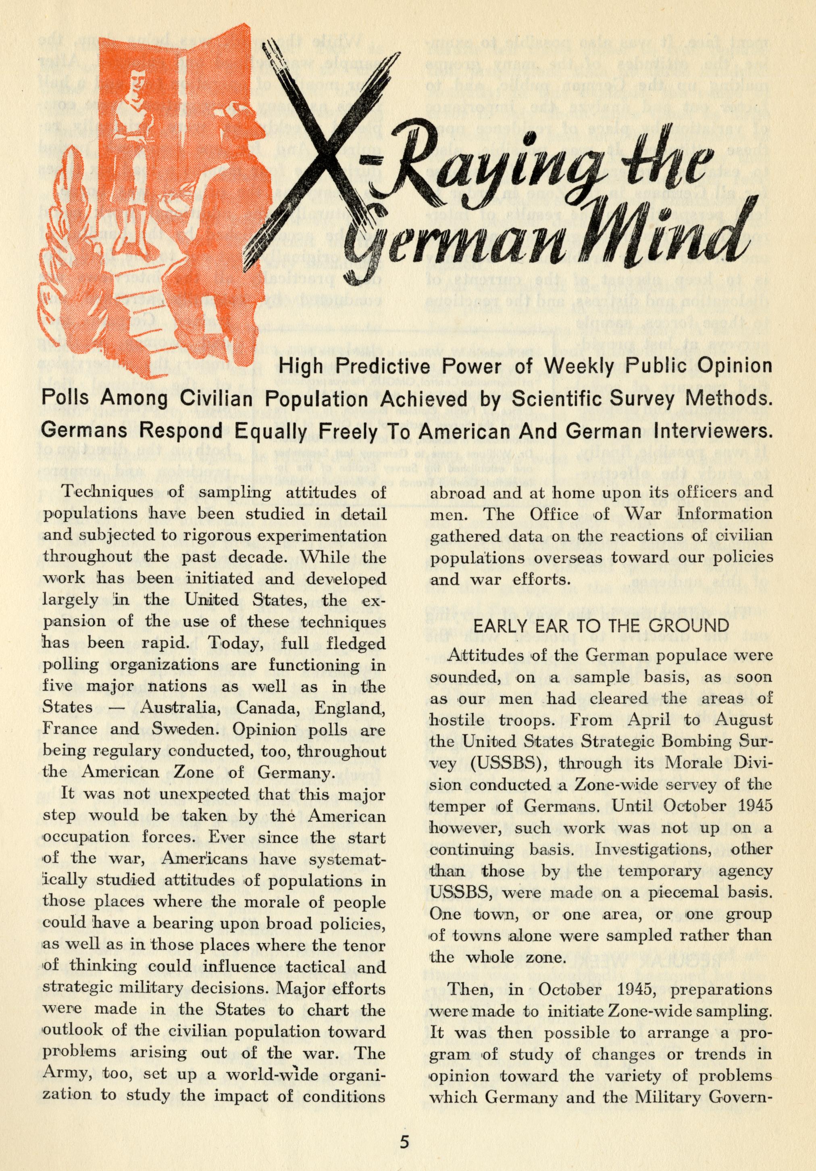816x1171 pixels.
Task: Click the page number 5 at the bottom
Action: click(404, 1138)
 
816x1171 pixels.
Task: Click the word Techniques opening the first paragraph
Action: click(100, 493)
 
